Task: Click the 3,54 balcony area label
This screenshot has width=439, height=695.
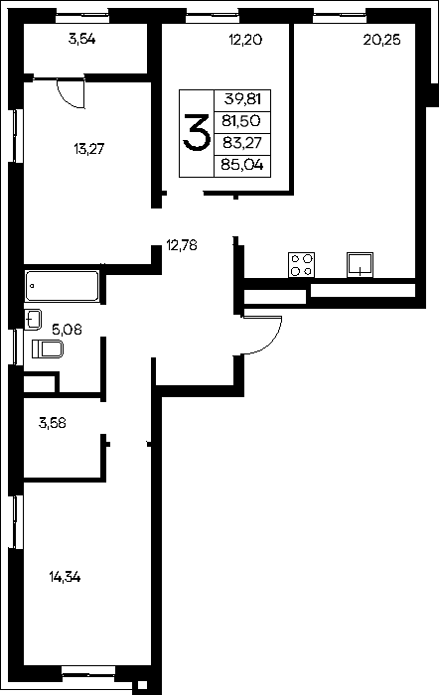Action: [81, 40]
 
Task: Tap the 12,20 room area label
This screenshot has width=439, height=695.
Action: [245, 40]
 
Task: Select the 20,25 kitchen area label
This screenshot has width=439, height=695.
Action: [381, 40]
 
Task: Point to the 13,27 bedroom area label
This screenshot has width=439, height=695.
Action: [89, 149]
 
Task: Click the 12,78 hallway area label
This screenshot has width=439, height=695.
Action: [182, 244]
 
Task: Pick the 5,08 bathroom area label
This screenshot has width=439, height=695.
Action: [67, 330]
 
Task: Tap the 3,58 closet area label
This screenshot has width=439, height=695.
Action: [53, 423]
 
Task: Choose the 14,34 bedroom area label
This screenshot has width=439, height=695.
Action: [65, 577]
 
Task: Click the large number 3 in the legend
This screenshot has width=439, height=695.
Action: [196, 133]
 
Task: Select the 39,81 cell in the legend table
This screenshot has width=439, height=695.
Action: [242, 99]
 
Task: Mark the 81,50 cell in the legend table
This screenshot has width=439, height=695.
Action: [242, 120]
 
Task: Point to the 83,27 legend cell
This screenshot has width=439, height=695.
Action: [242, 143]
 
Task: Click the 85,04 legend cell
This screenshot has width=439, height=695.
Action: [242, 166]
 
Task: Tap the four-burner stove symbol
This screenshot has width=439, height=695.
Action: [302, 265]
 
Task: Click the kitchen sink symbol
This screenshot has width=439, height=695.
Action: [361, 265]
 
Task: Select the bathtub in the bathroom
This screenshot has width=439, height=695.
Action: [63, 286]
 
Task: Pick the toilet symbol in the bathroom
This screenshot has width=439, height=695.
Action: [48, 349]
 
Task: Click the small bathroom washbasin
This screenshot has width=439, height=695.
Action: [33, 319]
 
